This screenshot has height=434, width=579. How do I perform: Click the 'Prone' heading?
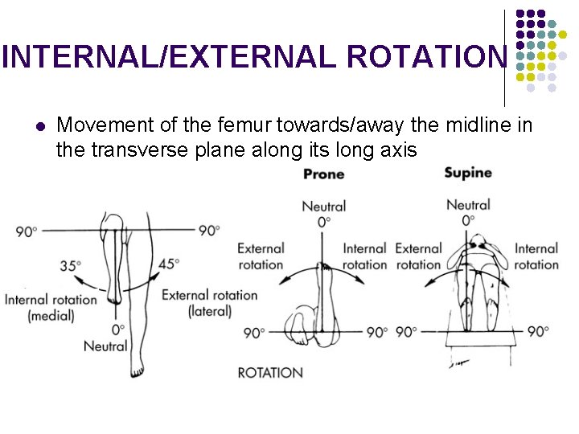pyautogui.click(x=323, y=174)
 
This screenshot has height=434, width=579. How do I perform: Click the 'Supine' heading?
pyautogui.click(x=467, y=173)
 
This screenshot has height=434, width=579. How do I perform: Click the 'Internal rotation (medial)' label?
pyautogui.click(x=51, y=308)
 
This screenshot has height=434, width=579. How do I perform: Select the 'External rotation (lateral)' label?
pyautogui.click(x=209, y=303)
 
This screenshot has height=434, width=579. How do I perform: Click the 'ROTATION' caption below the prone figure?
pyautogui.click(x=270, y=372)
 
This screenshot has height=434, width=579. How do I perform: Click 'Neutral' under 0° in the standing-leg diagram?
pyautogui.click(x=105, y=346)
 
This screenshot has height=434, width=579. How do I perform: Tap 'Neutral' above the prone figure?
pyautogui.click(x=323, y=207)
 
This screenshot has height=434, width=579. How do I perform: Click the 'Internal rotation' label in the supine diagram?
pyautogui.click(x=536, y=256)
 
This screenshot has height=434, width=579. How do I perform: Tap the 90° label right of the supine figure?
pyautogui.click(x=538, y=331)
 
